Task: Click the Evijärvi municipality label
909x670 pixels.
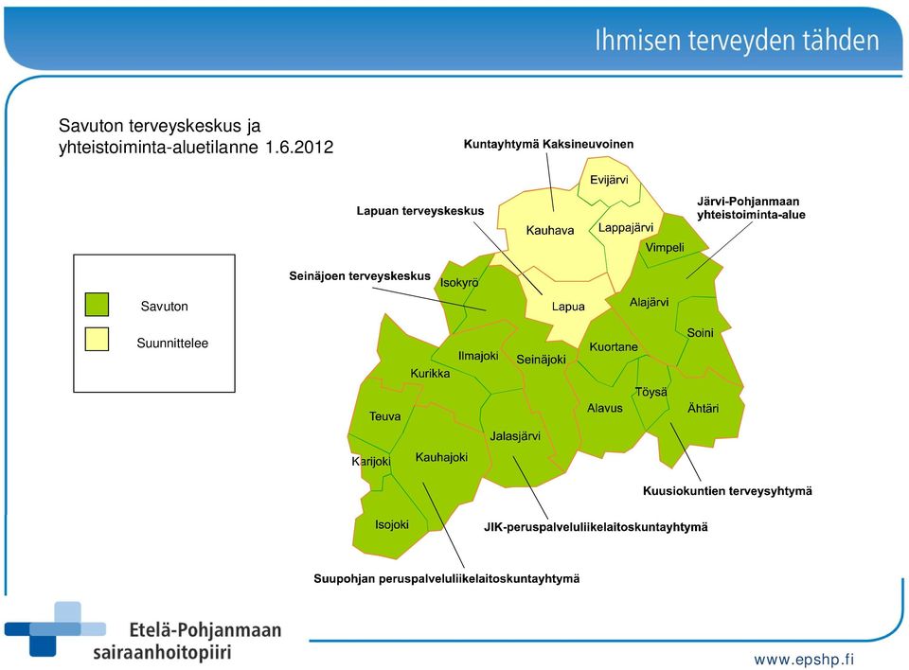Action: tap(609, 180)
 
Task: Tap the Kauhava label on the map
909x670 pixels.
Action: tap(549, 230)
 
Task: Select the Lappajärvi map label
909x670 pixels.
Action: tap(626, 228)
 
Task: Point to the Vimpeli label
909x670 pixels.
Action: tap(665, 248)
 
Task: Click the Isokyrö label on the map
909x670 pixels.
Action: tap(459, 283)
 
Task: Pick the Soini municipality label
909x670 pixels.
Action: tap(700, 333)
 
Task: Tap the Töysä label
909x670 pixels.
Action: tap(651, 392)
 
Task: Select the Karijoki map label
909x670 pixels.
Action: tap(371, 462)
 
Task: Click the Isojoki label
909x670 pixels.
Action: tap(391, 524)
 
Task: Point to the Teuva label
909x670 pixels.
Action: tap(385, 416)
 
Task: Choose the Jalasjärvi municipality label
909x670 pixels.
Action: tap(515, 436)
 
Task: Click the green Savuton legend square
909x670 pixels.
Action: tap(97, 305)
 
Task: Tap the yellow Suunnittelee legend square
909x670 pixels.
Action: tap(97, 340)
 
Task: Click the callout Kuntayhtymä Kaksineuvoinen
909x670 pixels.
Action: tap(548, 145)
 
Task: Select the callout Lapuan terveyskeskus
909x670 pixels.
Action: tap(420, 211)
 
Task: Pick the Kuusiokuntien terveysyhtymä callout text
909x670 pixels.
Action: tap(727, 491)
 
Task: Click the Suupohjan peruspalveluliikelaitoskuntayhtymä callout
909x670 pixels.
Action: tap(446, 579)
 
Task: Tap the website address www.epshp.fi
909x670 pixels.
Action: tap(804, 660)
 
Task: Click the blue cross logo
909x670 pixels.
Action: tap(55, 629)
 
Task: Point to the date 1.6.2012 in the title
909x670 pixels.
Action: tap(299, 148)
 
